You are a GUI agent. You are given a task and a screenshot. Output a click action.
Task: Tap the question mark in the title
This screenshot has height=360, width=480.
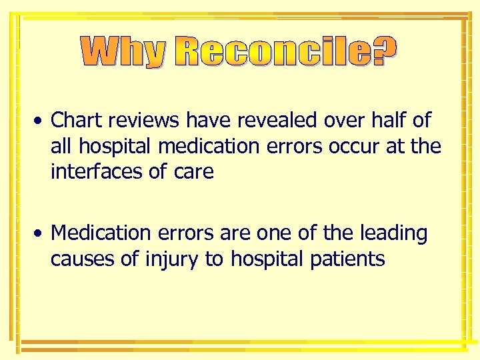(x=383, y=52)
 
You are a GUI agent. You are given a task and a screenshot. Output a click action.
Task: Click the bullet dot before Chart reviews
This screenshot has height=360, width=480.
(x=41, y=121)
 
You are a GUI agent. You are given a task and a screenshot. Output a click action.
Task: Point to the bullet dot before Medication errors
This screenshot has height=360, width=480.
(x=41, y=234)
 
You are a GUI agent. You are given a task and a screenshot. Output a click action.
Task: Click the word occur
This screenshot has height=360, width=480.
(x=354, y=146)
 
